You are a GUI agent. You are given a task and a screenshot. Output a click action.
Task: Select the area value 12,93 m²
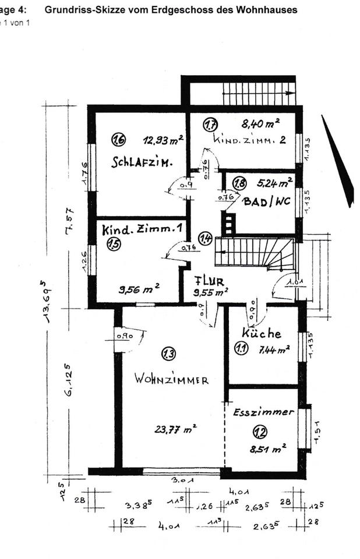[164, 140]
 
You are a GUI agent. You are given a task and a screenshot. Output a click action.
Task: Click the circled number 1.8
[239, 183]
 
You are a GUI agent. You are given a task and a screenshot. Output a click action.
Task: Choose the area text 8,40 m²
[260, 123]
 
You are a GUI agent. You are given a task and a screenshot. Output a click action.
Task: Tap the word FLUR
[209, 279]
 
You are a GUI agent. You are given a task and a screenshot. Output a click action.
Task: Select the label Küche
[262, 333]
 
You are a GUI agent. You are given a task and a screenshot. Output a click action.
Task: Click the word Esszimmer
[263, 412]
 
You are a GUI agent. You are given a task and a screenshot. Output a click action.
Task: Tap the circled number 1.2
[260, 431]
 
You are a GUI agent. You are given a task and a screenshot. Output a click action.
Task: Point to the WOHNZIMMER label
[171, 380]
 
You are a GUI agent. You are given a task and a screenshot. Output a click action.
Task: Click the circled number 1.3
[169, 353]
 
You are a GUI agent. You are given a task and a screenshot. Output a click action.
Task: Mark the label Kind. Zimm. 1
[142, 230]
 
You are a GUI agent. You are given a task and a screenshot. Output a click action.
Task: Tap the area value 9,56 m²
[139, 288]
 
